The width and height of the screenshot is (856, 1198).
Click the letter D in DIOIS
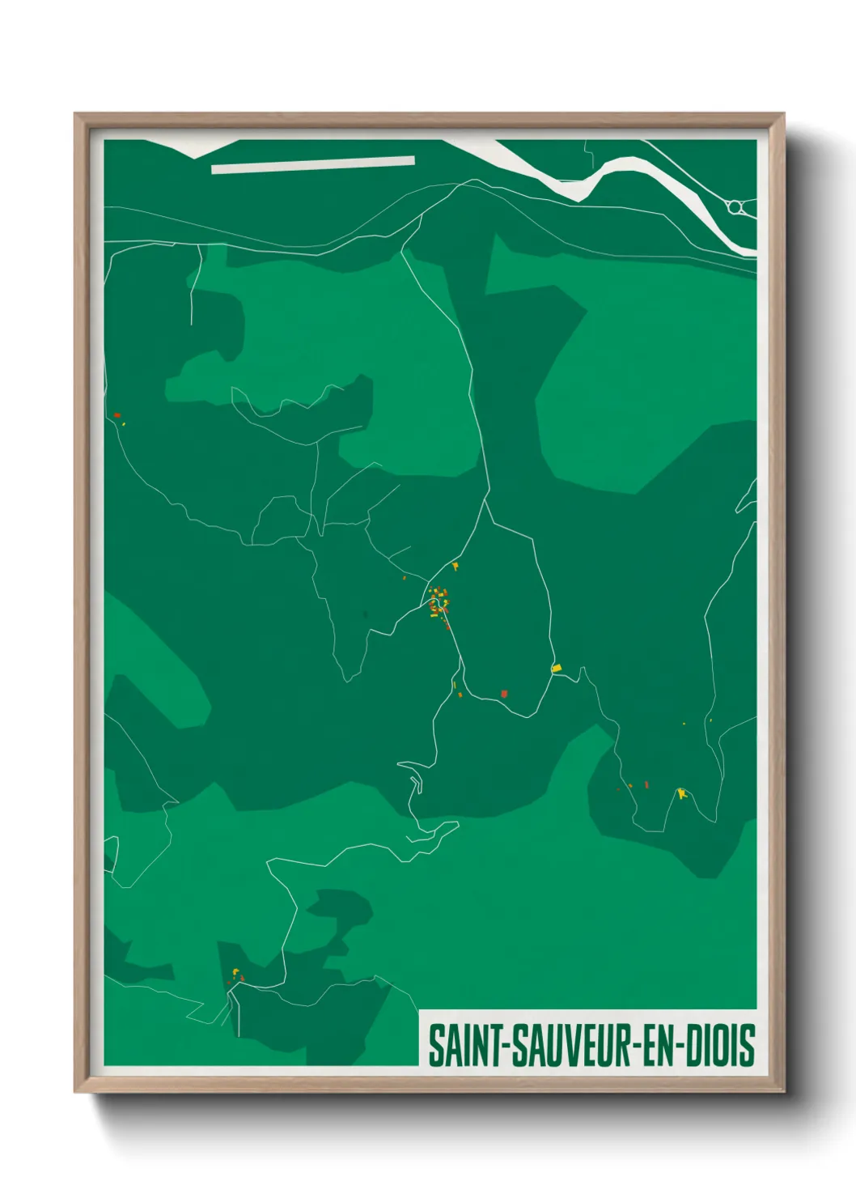(x=693, y=1046)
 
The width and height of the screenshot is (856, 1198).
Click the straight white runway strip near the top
(x=313, y=164)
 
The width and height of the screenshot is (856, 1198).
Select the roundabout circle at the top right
(x=735, y=207)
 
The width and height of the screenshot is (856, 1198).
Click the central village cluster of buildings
(x=439, y=601)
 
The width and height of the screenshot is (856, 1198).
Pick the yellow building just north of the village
(x=456, y=566)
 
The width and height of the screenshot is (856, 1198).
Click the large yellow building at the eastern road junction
(x=556, y=668)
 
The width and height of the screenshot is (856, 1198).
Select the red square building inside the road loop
(x=504, y=694)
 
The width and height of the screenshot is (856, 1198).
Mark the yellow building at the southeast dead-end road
(x=681, y=792)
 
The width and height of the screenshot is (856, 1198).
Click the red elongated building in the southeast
(x=646, y=784)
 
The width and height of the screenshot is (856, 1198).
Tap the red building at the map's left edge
(x=117, y=415)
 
